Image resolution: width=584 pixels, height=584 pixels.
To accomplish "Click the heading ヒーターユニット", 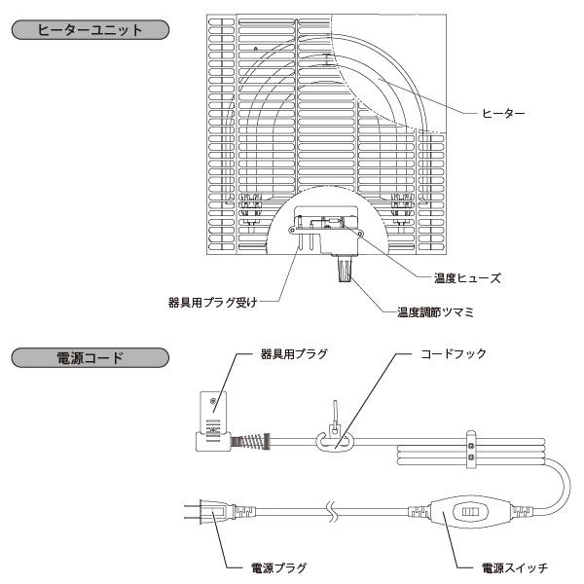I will coord(89,30).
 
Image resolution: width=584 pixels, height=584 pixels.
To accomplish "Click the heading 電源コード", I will coord(89,357).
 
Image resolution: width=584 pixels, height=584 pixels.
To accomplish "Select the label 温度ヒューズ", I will coord(466,277).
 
